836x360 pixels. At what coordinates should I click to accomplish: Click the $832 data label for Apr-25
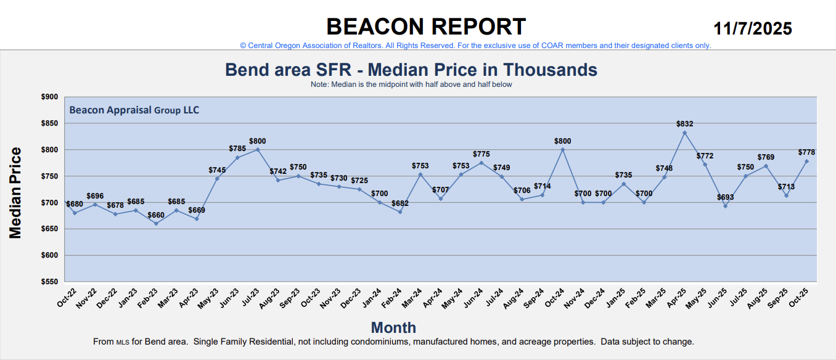pos(684,124)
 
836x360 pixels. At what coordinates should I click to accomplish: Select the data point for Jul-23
pos(258,150)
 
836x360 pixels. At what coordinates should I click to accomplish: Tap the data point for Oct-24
pos(562,150)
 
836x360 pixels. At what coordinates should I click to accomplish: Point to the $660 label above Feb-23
pos(156,215)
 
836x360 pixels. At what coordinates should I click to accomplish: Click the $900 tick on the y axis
pos(49,97)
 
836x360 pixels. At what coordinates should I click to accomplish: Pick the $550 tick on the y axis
pos(49,282)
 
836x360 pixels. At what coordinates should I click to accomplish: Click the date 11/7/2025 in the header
pos(753,28)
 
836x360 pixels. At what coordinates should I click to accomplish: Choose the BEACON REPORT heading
pos(426,27)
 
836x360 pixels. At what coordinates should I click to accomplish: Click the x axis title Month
pos(393,327)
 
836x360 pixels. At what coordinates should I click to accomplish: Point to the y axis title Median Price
pos(15,193)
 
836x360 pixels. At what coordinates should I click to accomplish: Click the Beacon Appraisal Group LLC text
pos(134,110)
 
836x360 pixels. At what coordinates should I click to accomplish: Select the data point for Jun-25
pos(725,206)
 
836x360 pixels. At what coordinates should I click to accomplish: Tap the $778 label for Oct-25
pos(806,152)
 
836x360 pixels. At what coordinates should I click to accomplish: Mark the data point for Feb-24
pos(400,212)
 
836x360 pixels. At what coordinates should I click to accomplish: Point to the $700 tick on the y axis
pos(49,203)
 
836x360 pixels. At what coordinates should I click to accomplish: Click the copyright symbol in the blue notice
pos(243,46)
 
